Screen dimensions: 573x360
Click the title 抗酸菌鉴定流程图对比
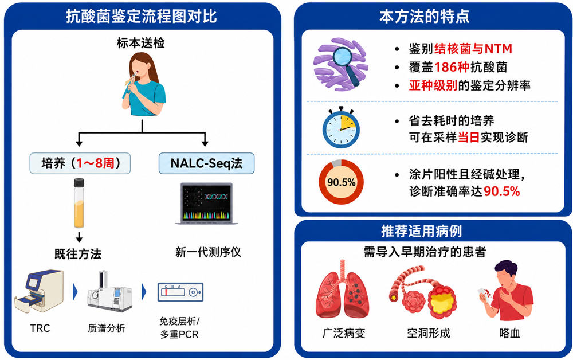coord(141,17)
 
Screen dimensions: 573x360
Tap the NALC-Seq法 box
coord(206,163)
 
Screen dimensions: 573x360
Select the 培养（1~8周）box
coord(80,163)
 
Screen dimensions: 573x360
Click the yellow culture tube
coord(79,203)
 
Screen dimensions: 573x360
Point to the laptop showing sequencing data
coord(207,204)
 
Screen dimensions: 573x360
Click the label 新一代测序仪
coord(208,252)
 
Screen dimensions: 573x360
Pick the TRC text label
coord(40,328)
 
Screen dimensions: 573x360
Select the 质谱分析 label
coord(107,328)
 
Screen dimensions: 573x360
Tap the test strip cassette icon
coord(180,292)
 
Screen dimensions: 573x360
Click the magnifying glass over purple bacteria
coord(345,64)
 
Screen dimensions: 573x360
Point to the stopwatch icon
coord(341,127)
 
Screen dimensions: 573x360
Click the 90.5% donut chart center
coord(342,182)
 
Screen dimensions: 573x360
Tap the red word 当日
coord(469,137)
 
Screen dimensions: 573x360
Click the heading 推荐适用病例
coord(421,231)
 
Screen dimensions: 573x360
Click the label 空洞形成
coord(428,333)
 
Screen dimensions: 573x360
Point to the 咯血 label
coord(509,333)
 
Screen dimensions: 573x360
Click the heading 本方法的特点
coord(424,17)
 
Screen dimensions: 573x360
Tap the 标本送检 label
coord(141,43)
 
